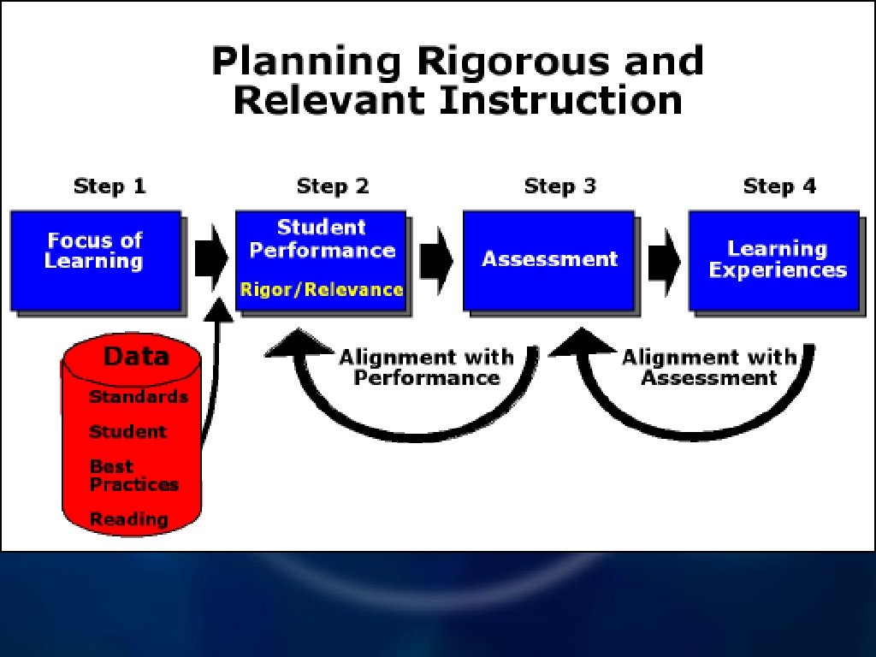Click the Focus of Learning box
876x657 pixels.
coord(95,259)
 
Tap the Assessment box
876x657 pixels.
coord(548,259)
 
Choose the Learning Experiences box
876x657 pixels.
coord(774,259)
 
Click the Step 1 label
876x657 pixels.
coord(109,186)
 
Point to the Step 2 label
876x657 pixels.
coord(333,186)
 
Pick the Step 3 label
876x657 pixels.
coord(559,186)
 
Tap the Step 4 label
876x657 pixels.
coord(779,186)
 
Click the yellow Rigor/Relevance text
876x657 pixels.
coord(322,289)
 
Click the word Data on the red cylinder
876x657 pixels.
coord(136,357)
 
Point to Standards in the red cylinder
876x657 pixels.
coord(139,397)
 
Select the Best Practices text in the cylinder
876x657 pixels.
coord(133,476)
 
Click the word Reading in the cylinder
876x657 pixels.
coord(129,519)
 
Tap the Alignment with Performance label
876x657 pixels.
coord(426,367)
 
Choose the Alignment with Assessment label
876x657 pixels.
coord(709,367)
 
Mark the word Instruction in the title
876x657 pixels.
coord(560,101)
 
